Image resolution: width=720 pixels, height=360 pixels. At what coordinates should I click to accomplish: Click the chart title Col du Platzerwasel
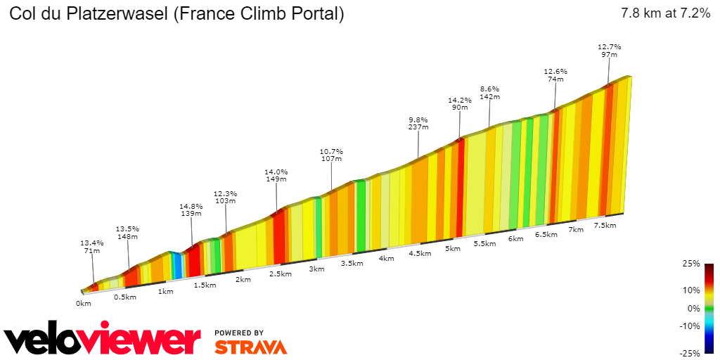coord(176,13)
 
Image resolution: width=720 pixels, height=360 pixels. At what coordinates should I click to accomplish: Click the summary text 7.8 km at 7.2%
coord(665,13)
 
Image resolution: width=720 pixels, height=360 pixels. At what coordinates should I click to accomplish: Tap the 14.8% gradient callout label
coord(191,210)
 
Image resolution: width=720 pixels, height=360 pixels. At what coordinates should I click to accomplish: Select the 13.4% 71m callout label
coord(91,246)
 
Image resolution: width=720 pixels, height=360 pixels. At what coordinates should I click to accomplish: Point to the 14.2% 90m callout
coord(460,104)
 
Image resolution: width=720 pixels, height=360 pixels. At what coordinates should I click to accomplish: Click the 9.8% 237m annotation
coord(418,124)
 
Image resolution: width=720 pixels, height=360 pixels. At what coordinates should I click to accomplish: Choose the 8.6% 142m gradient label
coord(489,93)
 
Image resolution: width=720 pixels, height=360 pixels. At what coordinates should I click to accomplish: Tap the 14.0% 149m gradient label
coord(276,175)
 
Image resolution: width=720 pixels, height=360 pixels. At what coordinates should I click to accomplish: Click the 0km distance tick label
coord(84,304)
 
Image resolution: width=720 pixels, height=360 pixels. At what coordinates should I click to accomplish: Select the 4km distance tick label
coord(386,259)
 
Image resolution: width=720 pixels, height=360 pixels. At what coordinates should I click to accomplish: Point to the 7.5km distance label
coord(605,226)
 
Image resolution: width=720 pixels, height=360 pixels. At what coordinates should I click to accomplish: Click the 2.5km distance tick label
coord(280,274)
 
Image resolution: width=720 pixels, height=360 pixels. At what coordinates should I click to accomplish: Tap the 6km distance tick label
coord(515,239)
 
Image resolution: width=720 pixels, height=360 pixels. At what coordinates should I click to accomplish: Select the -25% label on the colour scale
coord(691,353)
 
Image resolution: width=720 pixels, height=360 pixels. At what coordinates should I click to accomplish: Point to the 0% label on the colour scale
coord(694,308)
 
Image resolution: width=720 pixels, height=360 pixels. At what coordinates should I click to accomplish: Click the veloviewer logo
coord(103,341)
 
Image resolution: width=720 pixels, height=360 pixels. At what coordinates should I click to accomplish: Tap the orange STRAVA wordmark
coord(250,347)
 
